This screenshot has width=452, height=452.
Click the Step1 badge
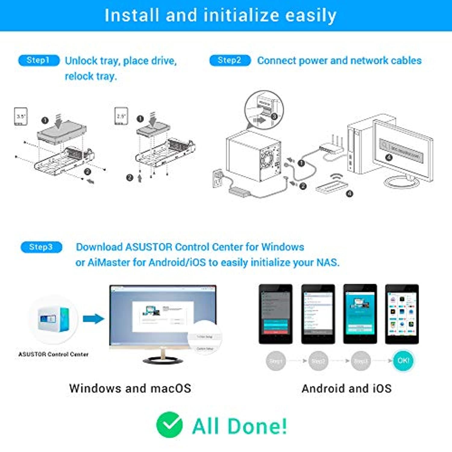[39, 60]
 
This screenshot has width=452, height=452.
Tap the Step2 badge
[230, 60]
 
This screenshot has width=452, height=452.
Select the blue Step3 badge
[41, 247]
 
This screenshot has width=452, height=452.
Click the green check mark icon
[169, 425]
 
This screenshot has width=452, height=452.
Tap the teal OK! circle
[403, 361]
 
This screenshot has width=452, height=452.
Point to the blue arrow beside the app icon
[93, 319]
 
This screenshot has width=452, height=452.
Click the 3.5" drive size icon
[21, 116]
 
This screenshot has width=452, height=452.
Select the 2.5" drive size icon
[121, 116]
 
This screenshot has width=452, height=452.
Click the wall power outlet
[218, 178]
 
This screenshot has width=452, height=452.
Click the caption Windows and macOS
[130, 388]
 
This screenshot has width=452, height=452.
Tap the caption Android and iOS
[347, 388]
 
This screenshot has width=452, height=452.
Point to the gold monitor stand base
[163, 360]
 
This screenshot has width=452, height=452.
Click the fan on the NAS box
[266, 159]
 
